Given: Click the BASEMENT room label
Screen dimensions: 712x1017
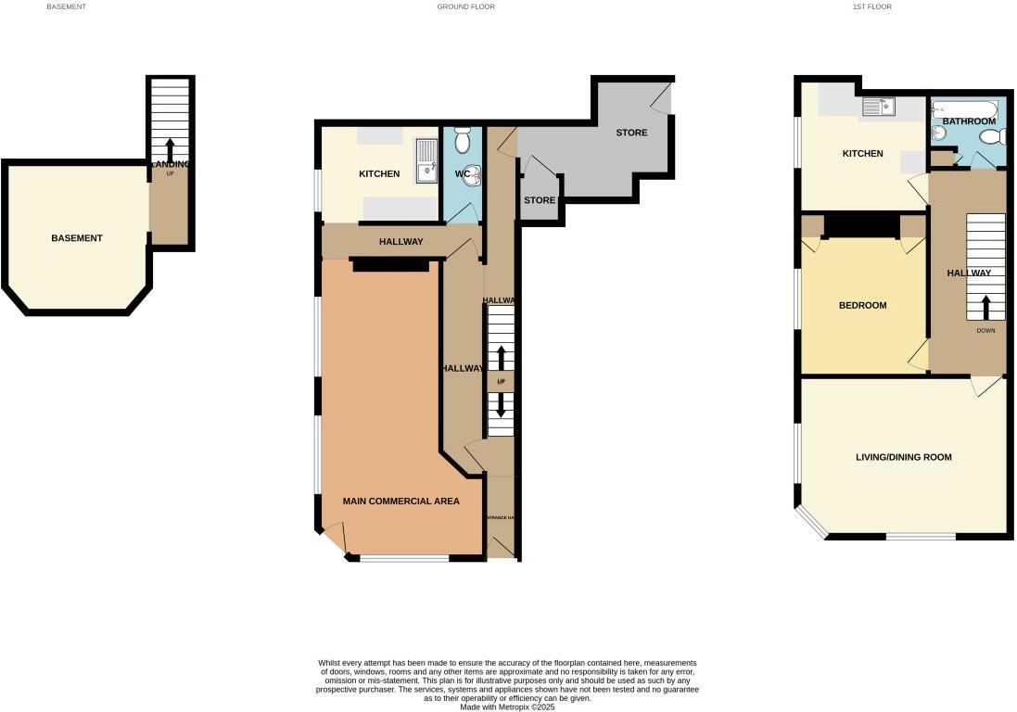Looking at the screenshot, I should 77,238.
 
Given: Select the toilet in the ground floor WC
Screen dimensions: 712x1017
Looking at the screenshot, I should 464,141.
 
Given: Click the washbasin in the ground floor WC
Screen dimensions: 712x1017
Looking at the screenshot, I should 473,174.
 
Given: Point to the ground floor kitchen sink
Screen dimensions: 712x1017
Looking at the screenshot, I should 426,160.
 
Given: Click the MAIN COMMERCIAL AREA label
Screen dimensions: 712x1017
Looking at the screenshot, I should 400,502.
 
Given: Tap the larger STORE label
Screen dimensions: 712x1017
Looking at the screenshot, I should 631,133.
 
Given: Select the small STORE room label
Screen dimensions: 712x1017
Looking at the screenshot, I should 539,200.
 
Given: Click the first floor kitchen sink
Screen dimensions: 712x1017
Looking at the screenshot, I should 877,108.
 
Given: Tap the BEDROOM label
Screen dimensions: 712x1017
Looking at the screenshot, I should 862,306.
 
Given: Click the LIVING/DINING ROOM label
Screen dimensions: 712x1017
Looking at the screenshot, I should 903,457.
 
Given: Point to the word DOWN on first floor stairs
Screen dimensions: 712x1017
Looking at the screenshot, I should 985,330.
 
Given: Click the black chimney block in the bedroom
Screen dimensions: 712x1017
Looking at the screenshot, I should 862,225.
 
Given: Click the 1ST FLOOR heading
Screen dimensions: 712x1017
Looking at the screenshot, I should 871,6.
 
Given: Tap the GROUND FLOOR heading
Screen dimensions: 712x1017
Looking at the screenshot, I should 465,6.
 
